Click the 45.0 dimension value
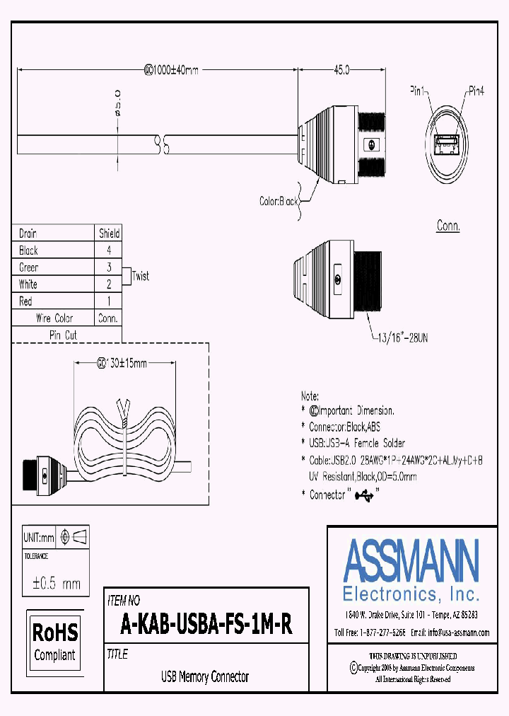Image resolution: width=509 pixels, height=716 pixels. point(341,70)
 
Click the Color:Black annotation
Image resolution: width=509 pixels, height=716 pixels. point(279,202)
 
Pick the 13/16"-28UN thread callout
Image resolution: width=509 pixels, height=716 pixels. point(400,339)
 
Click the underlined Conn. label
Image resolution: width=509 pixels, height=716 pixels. point(448,227)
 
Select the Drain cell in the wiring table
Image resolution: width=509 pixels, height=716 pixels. point(28,233)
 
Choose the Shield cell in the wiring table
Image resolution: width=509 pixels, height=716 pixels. point(109,233)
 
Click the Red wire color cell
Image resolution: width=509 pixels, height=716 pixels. point(26,301)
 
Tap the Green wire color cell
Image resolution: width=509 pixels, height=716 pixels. point(29,267)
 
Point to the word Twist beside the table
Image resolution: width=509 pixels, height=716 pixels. point(141,276)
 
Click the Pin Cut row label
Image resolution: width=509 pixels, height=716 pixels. point(63,335)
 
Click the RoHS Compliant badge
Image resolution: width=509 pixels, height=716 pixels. point(55,639)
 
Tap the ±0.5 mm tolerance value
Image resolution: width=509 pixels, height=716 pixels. point(57,584)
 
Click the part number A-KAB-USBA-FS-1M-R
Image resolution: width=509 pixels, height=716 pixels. point(206,625)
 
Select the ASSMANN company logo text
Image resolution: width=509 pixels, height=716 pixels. point(411,560)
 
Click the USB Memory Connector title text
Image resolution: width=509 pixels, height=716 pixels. point(205,677)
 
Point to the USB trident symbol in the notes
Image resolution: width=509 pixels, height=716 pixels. point(365,495)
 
